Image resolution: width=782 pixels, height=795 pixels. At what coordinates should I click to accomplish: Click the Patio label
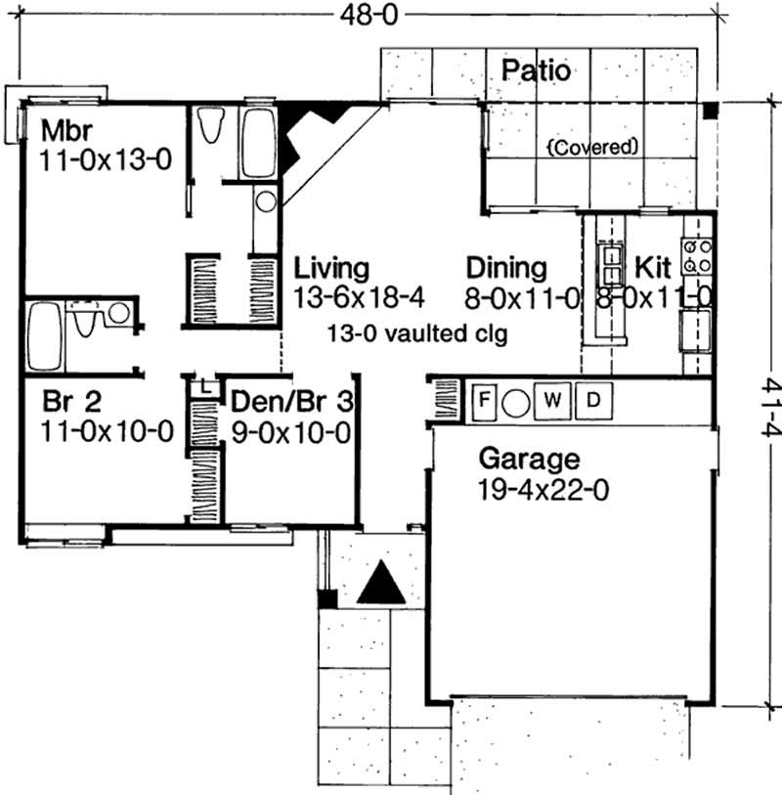(535, 70)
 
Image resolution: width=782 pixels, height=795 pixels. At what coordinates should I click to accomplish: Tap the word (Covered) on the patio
(592, 148)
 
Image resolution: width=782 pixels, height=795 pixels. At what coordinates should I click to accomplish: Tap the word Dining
(505, 268)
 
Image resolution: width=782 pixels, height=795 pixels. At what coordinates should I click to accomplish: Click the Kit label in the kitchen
(653, 268)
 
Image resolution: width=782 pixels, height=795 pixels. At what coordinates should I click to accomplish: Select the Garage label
(528, 459)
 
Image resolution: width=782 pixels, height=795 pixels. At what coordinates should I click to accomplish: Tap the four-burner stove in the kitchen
(697, 256)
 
